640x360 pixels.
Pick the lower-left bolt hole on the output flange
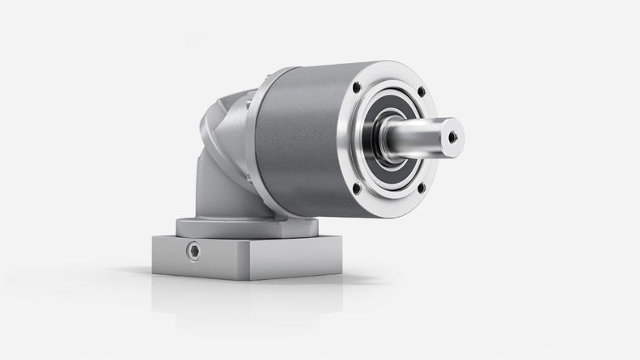pyautogui.click(x=357, y=189)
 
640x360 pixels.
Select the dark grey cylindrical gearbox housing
pyautogui.click(x=295, y=146)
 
